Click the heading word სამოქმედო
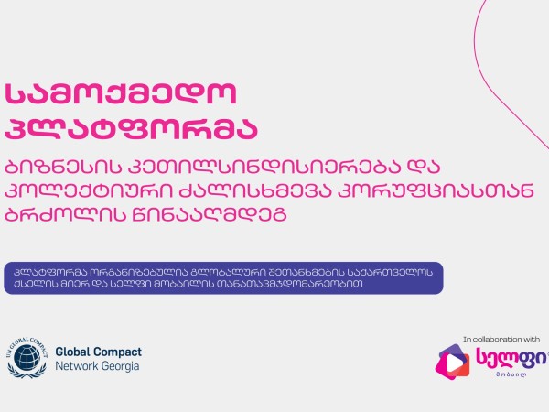(121, 94)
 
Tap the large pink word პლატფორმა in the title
(131, 128)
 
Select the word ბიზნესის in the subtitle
(61, 168)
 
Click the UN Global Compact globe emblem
(27, 357)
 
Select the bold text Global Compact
(99, 352)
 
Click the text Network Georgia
(97, 366)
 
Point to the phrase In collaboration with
(501, 339)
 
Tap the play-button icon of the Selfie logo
(452, 363)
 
